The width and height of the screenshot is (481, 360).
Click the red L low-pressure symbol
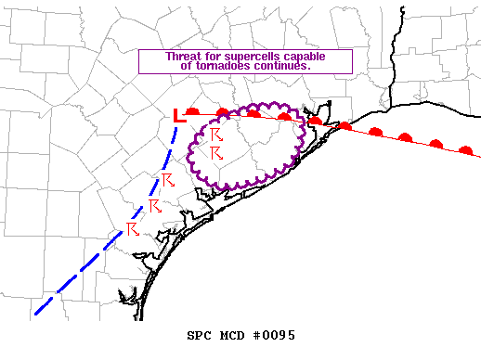point(181,116)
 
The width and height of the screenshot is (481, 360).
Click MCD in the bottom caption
point(232,335)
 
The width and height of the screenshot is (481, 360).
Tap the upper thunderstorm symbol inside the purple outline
point(216,135)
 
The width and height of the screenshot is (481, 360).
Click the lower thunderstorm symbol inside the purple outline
point(216,152)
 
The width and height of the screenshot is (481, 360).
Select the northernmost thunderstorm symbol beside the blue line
point(167,179)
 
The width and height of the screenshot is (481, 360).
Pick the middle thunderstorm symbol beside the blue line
point(153,205)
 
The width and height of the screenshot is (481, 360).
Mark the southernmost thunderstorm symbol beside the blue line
point(132,228)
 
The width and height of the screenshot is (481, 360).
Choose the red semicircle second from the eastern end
point(435,144)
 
